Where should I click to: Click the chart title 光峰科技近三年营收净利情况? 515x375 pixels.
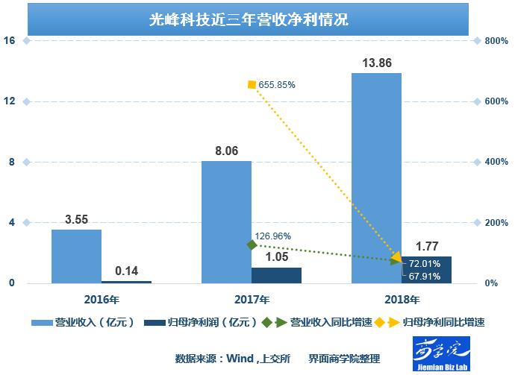pos(249,20)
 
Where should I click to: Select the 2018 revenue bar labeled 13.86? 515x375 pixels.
pos(376,179)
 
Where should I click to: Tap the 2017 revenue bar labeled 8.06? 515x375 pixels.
pos(226,222)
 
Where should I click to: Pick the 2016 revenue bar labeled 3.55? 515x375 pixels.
pos(76,256)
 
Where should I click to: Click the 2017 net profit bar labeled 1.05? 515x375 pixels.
pos(276,275)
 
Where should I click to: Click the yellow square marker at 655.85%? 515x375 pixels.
pos(252,85)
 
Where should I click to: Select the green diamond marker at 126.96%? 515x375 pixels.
pos(252,245)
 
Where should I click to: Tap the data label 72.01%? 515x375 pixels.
pos(425,264)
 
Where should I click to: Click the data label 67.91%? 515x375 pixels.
pos(425,277)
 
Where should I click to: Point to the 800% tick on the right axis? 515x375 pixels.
pos(496,41)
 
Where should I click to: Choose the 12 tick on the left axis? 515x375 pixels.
pos(10,101)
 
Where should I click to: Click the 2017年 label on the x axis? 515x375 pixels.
pos(252,299)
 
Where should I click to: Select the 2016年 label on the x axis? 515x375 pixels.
pos(102,299)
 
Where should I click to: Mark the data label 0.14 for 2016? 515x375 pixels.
pos(126,271)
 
